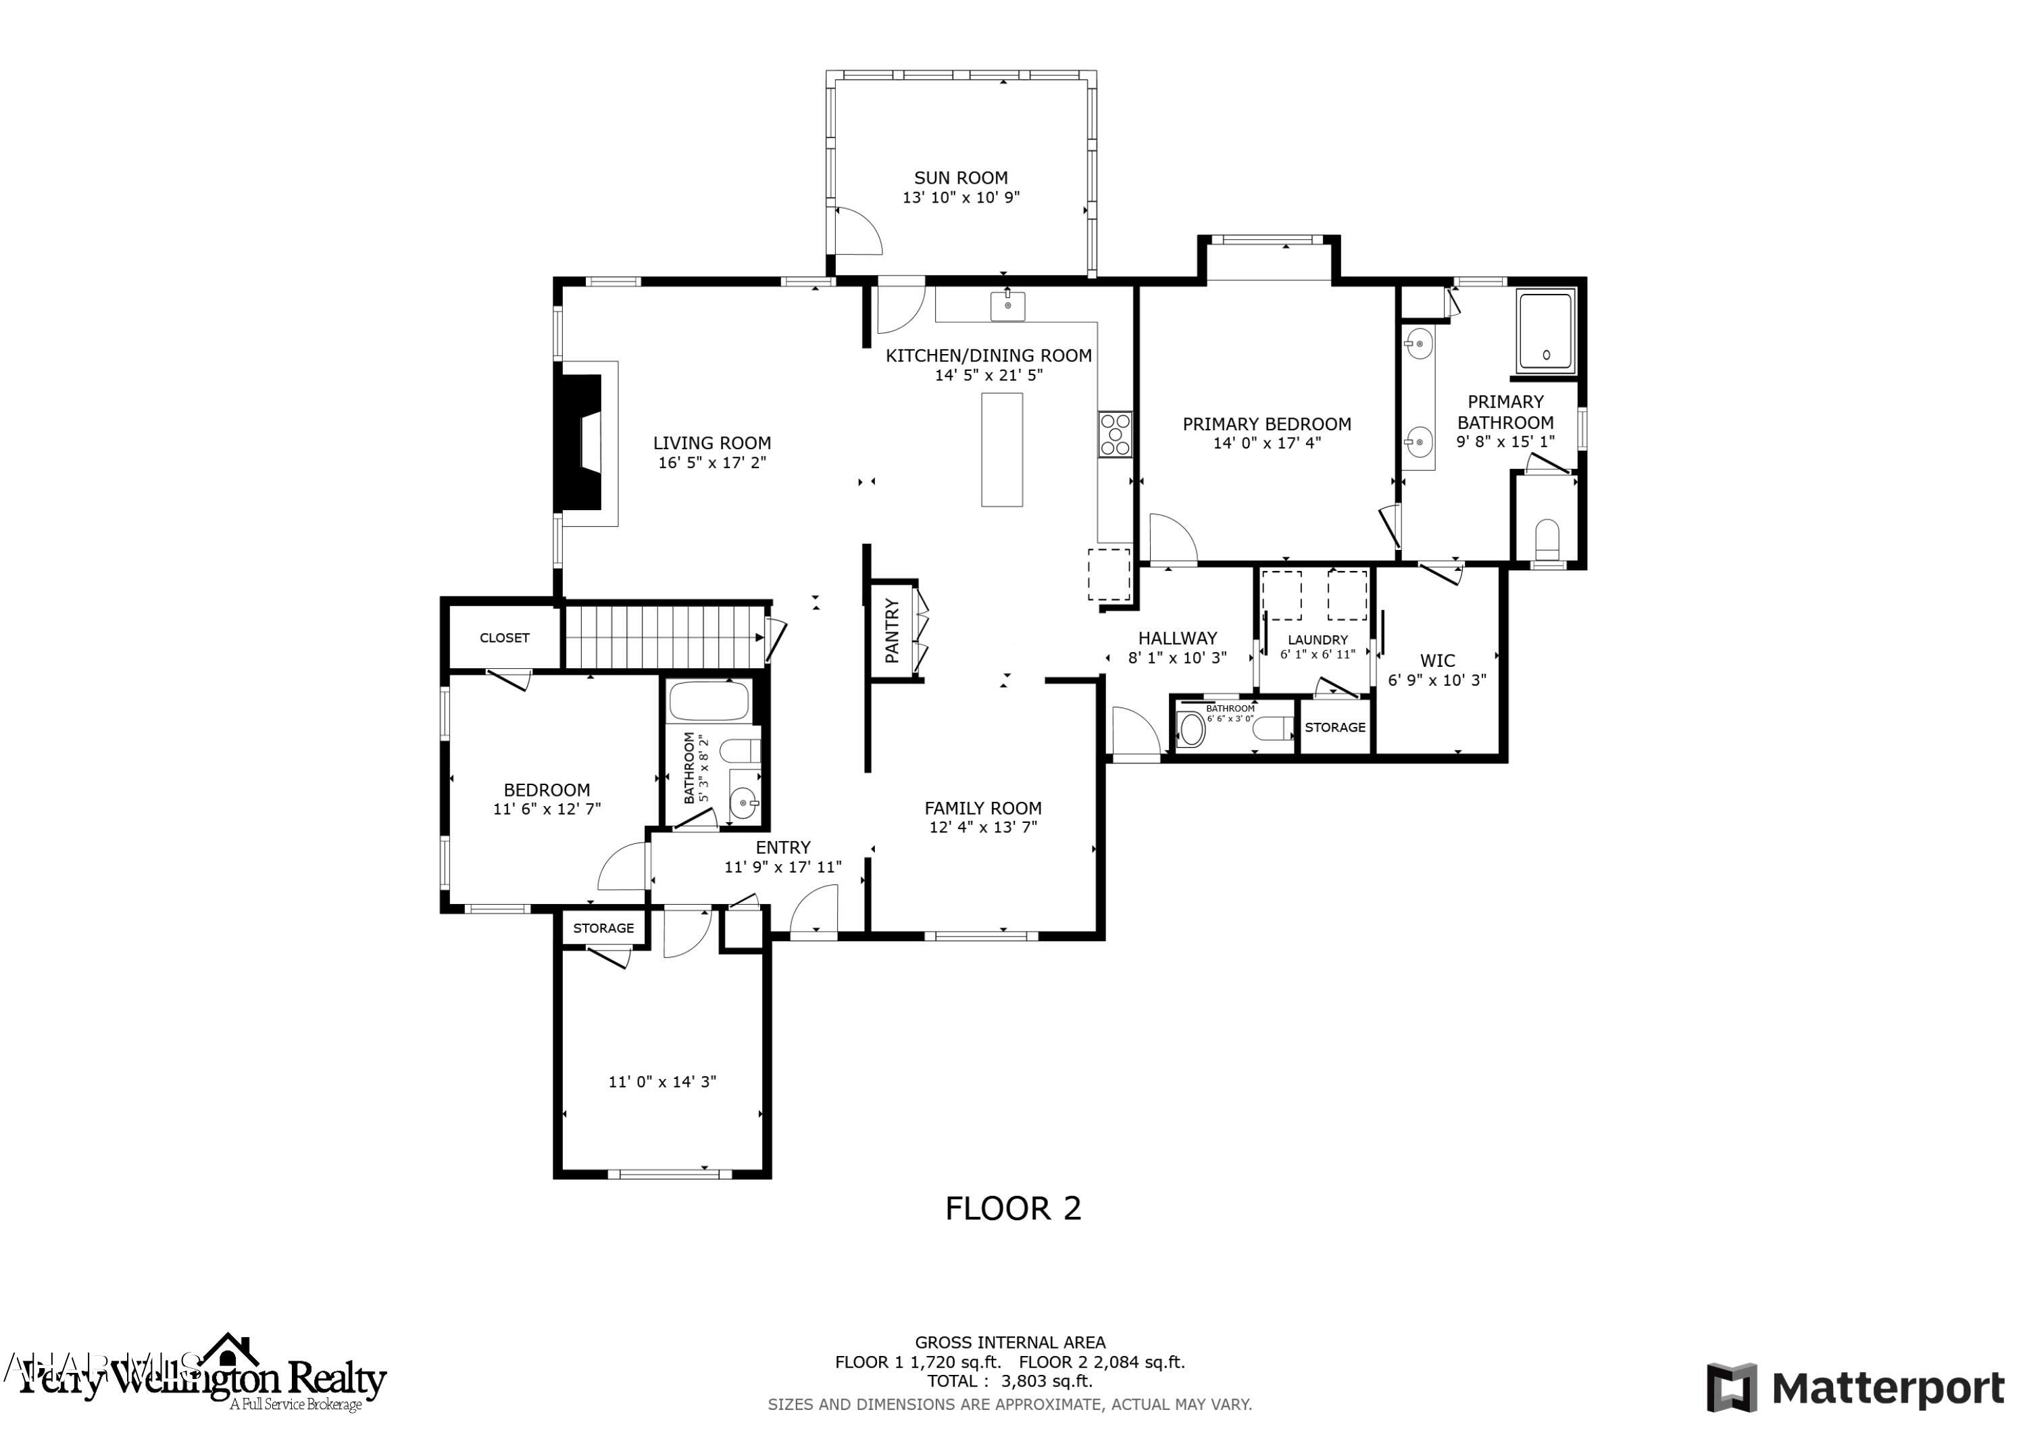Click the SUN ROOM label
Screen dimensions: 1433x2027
961,178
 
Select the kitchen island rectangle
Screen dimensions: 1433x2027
1002,449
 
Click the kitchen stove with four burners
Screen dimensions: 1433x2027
1115,434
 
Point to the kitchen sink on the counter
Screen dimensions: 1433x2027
1007,305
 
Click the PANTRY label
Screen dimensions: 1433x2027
893,630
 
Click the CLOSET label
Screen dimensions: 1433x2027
504,638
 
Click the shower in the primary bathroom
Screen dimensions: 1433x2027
1546,331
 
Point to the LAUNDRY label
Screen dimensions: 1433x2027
1317,640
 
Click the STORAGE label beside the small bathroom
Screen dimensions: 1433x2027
1335,728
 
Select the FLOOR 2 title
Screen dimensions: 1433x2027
1013,1209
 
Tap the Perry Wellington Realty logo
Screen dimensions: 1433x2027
203,1378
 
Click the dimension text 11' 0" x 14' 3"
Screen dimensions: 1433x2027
662,1082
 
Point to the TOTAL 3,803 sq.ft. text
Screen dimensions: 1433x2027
1010,1381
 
